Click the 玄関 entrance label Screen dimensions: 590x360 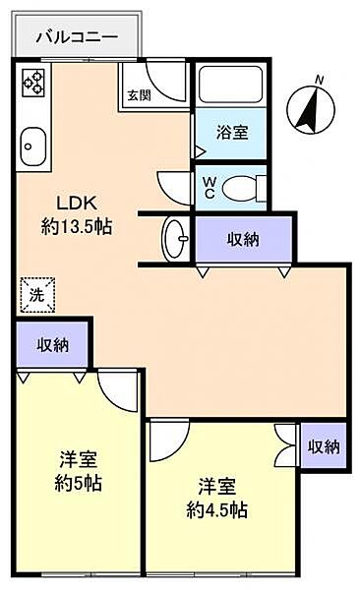click(x=138, y=95)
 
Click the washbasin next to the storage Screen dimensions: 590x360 click(x=177, y=236)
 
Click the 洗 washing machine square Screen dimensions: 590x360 click(x=36, y=291)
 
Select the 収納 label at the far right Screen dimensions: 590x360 click(x=323, y=445)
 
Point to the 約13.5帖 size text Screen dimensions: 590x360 click(x=75, y=225)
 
